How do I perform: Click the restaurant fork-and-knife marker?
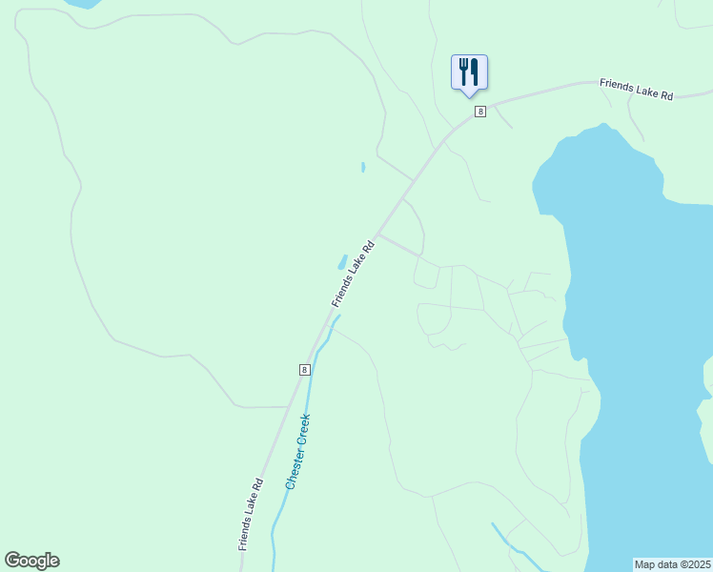469,72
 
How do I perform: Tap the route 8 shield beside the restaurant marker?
479,112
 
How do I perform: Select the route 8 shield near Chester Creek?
304,370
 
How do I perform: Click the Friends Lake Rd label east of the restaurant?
636,90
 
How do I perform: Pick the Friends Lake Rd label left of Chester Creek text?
252,514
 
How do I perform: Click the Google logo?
31,561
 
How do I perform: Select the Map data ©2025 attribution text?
672,564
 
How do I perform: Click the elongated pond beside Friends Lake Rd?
341,261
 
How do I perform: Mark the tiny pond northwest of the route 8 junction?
363,167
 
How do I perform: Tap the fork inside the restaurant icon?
463,71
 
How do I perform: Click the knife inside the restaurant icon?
475,71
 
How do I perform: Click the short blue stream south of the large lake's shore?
505,539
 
